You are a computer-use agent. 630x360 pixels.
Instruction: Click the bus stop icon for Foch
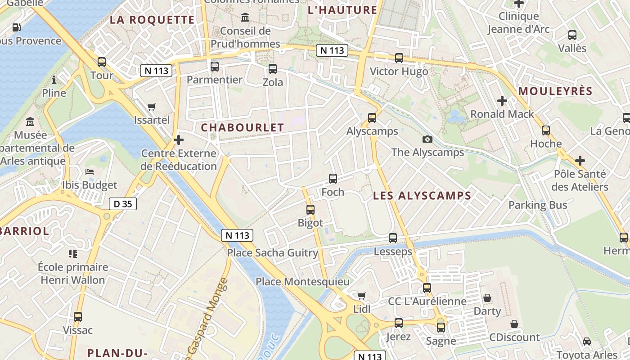(333, 179)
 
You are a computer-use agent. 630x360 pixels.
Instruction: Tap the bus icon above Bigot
(310, 209)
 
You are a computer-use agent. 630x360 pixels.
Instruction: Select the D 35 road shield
(122, 204)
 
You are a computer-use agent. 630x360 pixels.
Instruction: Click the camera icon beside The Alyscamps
(427, 139)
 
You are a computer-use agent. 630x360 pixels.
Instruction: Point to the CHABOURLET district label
(242, 127)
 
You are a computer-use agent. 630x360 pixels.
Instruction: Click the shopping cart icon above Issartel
(152, 107)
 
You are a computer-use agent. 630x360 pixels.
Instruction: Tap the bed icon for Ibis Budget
(90, 172)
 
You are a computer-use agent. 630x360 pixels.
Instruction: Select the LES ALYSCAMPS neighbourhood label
(422, 196)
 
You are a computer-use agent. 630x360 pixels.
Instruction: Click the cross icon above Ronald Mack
(502, 101)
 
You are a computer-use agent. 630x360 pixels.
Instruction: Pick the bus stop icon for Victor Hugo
(399, 58)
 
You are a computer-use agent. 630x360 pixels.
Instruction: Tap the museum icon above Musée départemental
(30, 122)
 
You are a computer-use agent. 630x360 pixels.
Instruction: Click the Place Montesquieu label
(302, 282)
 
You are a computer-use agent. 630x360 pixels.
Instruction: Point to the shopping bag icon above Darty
(487, 298)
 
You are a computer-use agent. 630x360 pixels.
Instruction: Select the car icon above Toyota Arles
(587, 342)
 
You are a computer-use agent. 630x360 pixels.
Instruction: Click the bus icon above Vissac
(78, 317)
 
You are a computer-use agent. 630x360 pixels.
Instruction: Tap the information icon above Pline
(54, 80)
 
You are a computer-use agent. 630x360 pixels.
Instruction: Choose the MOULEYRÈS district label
(555, 91)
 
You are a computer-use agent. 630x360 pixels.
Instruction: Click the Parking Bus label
(538, 205)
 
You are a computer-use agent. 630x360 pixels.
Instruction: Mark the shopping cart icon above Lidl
(361, 296)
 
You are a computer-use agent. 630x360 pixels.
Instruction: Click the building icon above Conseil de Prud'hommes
(246, 18)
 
